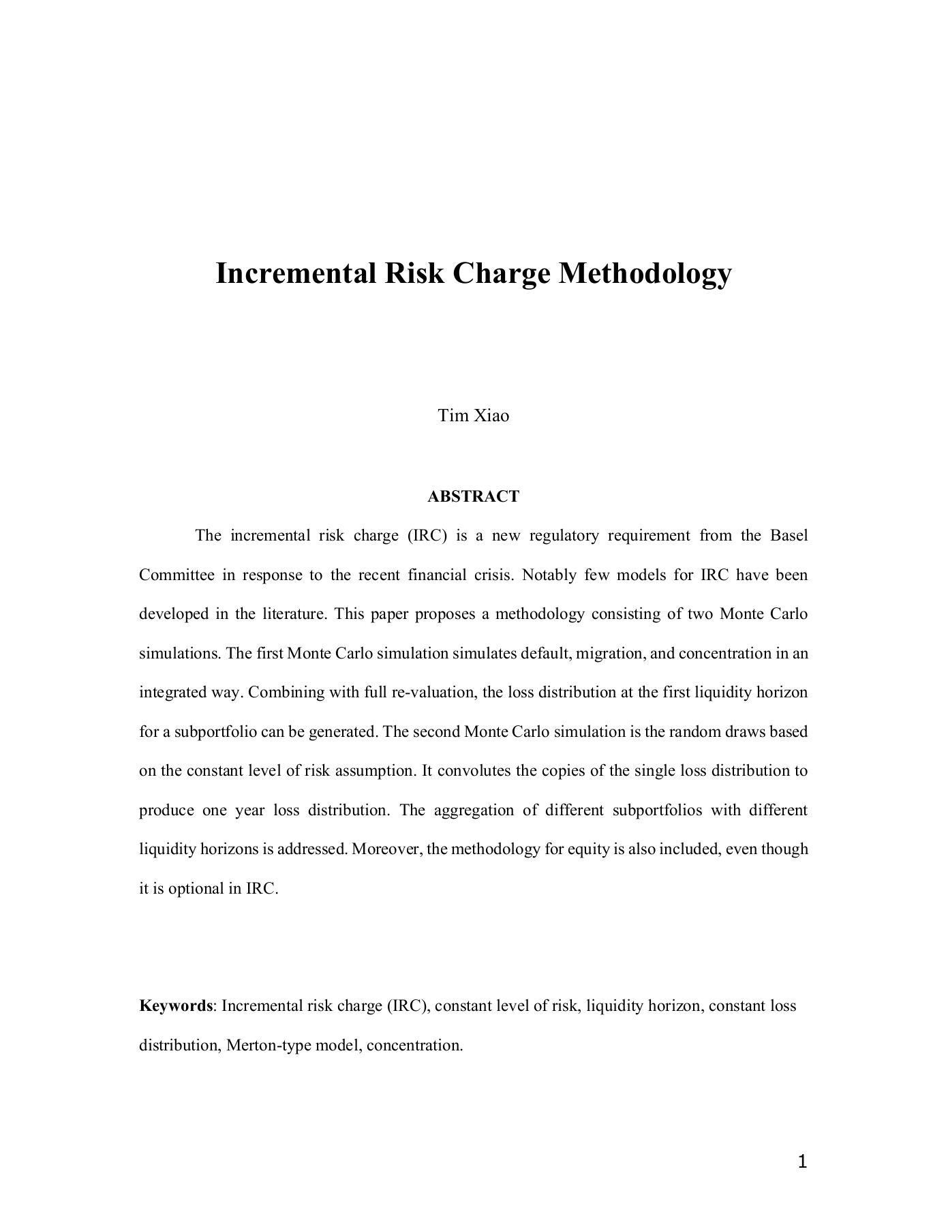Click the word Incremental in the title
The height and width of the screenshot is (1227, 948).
click(296, 274)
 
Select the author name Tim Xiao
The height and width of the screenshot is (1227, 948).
click(473, 416)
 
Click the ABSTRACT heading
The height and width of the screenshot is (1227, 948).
click(473, 496)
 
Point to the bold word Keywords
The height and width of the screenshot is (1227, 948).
click(176, 1006)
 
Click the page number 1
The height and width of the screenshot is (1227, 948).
click(802, 1162)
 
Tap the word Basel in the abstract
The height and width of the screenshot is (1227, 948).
click(789, 536)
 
